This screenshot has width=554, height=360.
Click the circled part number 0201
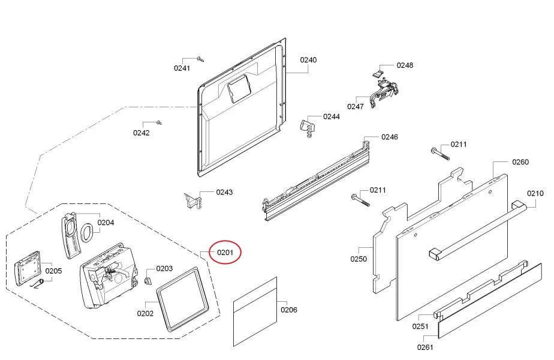tap(225, 253)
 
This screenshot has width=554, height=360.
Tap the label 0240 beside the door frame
tap(309, 60)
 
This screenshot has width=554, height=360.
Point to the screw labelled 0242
tap(159, 122)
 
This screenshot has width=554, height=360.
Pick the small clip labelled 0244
tap(306, 127)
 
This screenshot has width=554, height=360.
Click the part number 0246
tap(389, 137)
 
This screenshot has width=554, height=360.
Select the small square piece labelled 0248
tap(378, 72)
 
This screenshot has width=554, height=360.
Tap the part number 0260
tap(520, 162)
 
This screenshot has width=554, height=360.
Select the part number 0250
tap(359, 259)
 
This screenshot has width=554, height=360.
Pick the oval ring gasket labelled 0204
tap(87, 232)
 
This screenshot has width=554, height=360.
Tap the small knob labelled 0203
tap(147, 281)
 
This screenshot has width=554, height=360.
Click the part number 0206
tap(289, 310)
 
